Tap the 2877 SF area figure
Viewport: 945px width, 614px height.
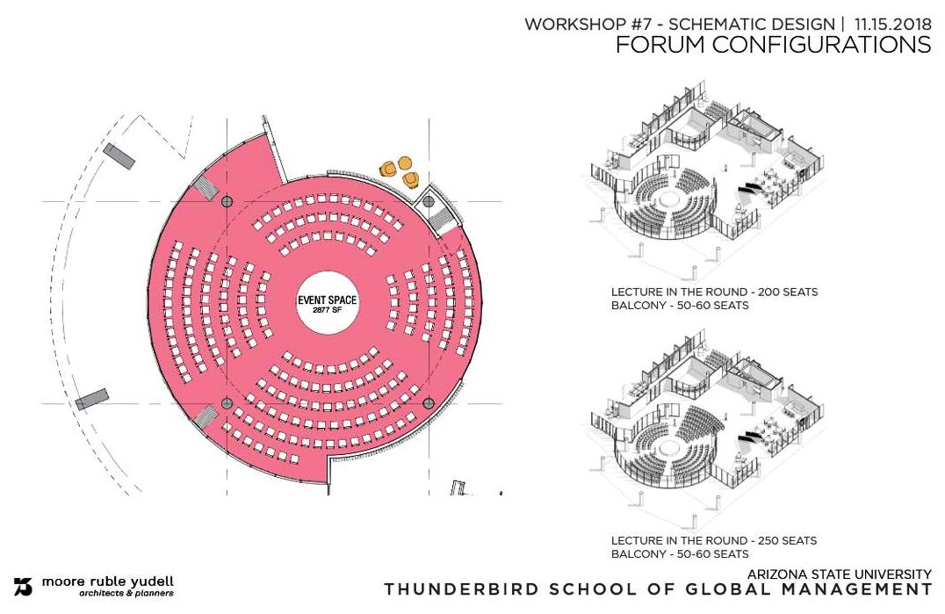coord(327,310)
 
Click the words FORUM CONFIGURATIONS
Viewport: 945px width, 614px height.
coord(773,46)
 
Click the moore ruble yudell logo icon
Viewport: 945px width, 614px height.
coord(23,585)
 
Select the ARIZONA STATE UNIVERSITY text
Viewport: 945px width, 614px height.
coord(840,574)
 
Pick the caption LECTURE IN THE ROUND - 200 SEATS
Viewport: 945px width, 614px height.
coord(714,292)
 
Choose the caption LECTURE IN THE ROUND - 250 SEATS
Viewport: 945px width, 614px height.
coord(714,539)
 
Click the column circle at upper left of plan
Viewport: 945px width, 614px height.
coord(227,201)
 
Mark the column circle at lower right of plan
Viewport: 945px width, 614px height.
coord(429,403)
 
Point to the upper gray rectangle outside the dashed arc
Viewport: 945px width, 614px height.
coord(119,156)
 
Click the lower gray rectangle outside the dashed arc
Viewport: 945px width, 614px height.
coord(91,401)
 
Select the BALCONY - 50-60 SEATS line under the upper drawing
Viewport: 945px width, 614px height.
coord(680,306)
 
